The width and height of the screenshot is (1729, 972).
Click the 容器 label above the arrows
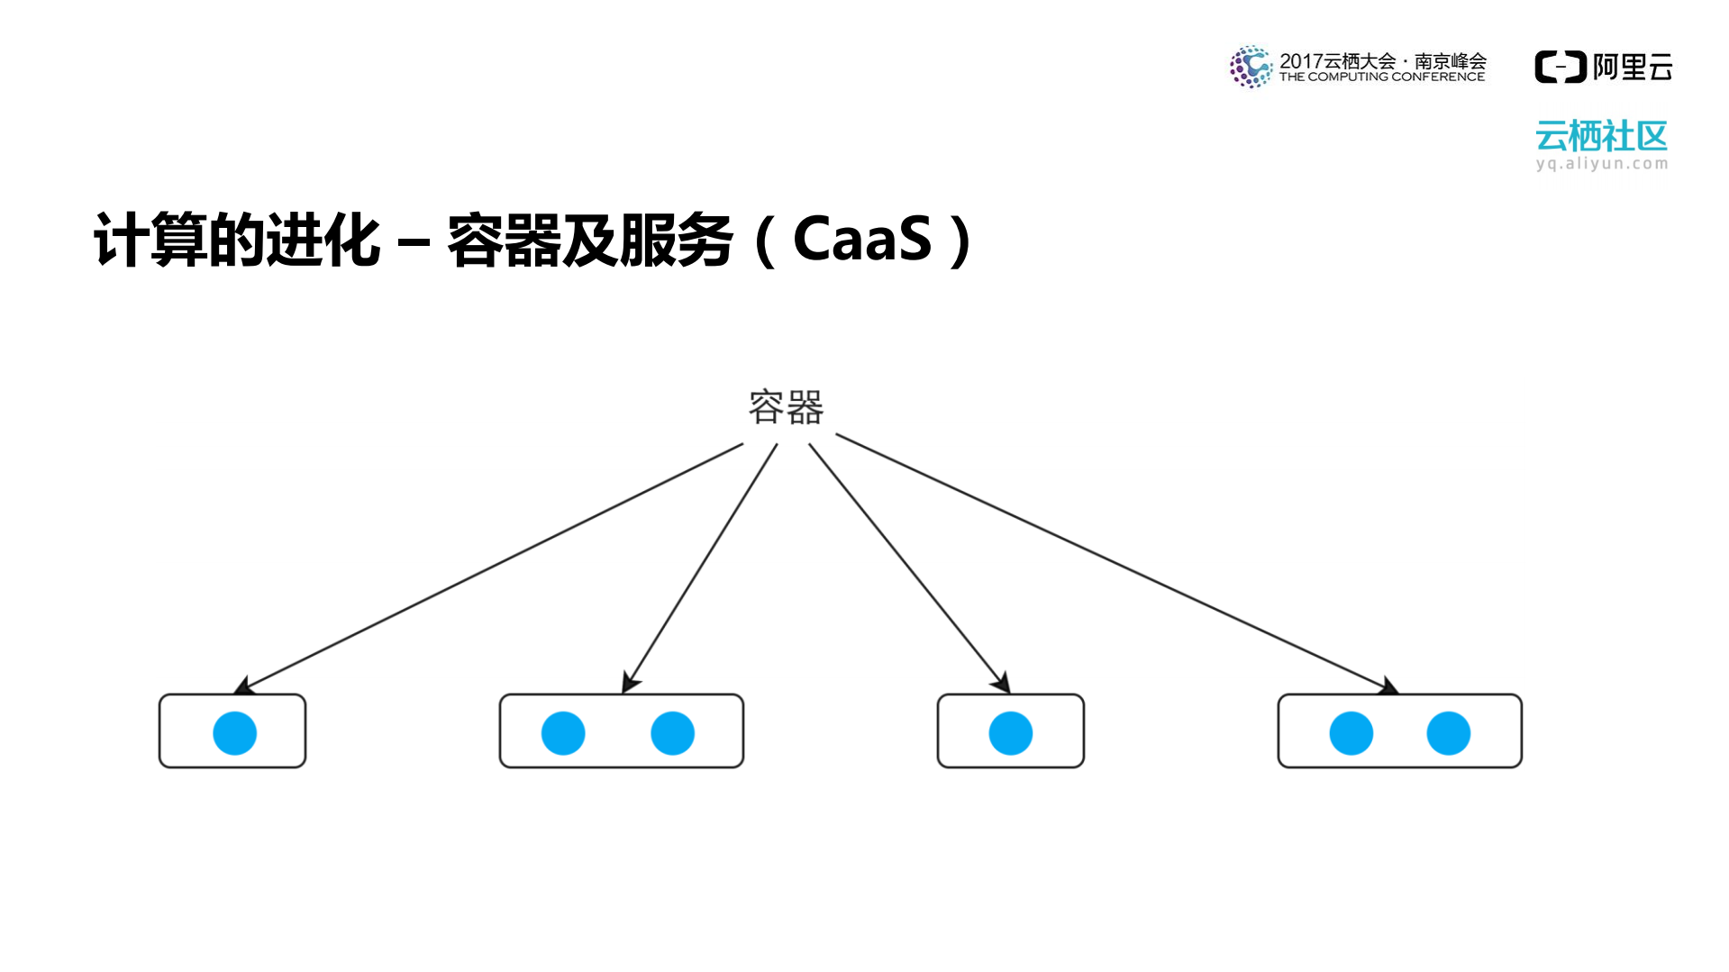click(786, 407)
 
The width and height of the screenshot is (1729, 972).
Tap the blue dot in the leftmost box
click(234, 732)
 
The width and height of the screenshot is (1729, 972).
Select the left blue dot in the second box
click(563, 732)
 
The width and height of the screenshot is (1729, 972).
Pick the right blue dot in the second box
click(672, 732)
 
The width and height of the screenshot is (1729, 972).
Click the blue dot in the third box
click(1010, 732)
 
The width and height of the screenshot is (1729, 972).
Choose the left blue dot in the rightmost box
click(1351, 732)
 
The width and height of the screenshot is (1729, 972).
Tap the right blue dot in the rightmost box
click(1448, 732)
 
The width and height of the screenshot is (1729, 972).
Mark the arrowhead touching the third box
click(1003, 684)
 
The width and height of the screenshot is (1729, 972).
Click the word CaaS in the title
click(861, 240)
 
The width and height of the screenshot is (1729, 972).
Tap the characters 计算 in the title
click(150, 240)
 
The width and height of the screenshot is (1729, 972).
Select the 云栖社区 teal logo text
click(1601, 137)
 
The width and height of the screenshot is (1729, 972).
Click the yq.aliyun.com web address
click(1601, 164)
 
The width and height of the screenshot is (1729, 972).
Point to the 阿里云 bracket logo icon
click(1560, 68)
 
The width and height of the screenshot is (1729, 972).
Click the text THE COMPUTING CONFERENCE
click(1381, 77)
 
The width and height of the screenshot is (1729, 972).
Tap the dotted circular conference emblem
click(1251, 67)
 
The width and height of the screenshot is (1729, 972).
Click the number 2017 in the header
click(1300, 61)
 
